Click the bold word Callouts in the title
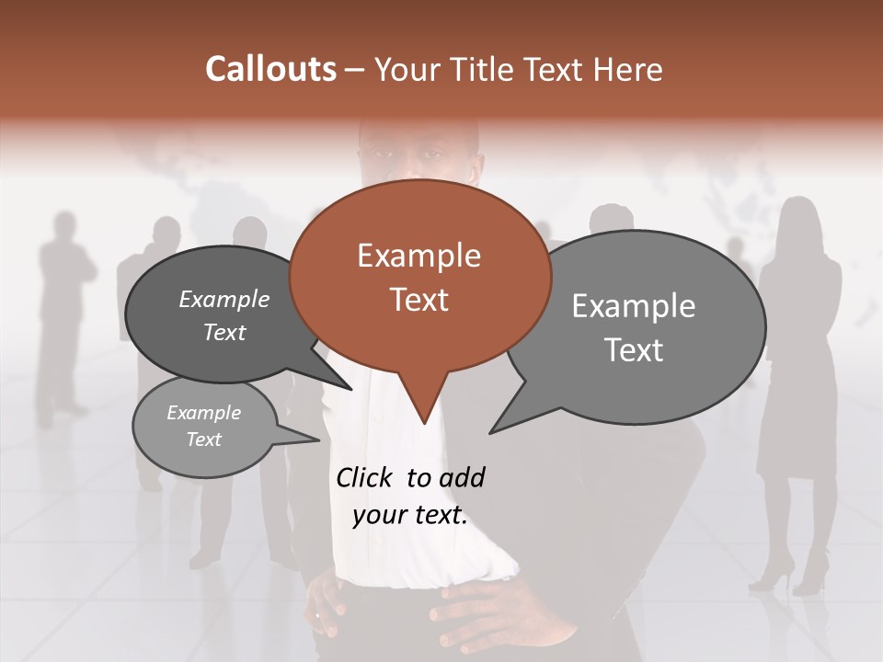coord(270,69)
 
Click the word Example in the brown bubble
coord(419,256)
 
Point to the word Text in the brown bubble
coord(419,299)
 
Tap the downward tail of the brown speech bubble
coord(423,405)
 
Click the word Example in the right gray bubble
coord(633,306)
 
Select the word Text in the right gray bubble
coord(633,349)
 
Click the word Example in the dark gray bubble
coord(224,299)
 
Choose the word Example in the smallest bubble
coord(203,413)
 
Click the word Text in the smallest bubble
coord(203,439)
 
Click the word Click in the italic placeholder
coord(365,477)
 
